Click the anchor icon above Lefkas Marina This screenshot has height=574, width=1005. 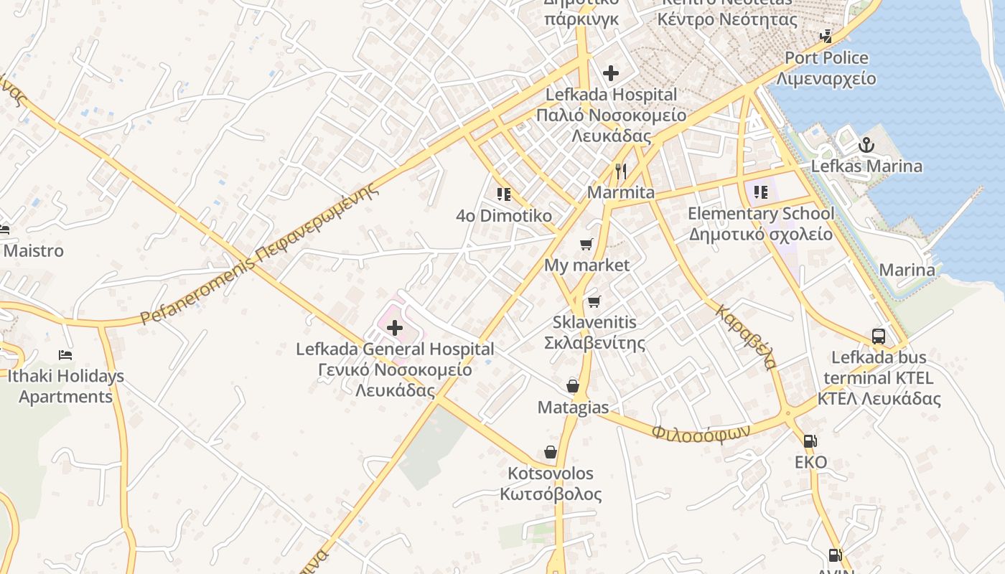866,146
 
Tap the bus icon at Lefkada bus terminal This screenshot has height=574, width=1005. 878,336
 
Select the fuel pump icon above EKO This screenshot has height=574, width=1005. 810,441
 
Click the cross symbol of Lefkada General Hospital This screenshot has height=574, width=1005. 394,328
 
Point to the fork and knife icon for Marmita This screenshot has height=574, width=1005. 621,171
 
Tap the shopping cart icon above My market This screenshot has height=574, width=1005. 586,244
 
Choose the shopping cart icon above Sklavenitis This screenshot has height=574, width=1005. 593,301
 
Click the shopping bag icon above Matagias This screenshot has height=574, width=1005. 573,386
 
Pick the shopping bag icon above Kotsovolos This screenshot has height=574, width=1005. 551,452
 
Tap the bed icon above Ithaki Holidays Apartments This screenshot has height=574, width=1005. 65,354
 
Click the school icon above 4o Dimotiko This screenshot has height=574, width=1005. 503,194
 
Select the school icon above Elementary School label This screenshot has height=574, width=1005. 761,192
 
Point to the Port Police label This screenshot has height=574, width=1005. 826,58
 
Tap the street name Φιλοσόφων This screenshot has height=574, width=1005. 701,432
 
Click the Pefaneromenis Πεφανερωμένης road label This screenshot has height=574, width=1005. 259,254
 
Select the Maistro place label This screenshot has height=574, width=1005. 34,251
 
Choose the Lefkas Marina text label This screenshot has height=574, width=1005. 866,166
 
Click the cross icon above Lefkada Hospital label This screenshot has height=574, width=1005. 611,73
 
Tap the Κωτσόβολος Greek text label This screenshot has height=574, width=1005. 551,494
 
